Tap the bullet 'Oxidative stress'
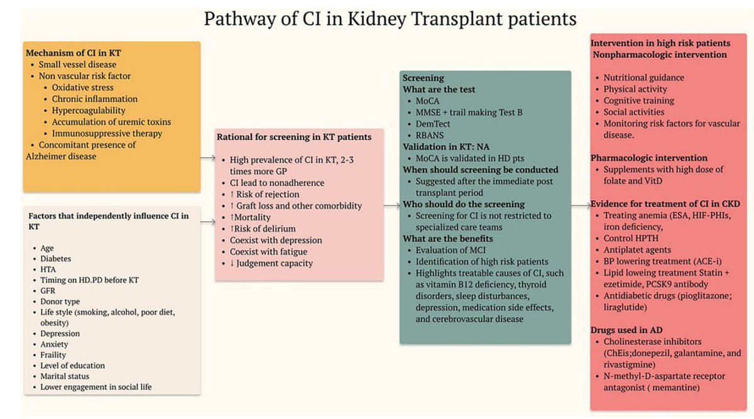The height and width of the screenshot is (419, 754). pos(82,87)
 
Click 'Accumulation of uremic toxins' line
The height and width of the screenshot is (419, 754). pos(111,122)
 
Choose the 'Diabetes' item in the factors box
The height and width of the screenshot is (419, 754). pos(55,258)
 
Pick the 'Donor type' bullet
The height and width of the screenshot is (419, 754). pos(60,301)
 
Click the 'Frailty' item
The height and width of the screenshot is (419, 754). pos(54,354)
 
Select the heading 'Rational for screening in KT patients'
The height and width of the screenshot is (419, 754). pos(294,136)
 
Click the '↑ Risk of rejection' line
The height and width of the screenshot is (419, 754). pos(268,194)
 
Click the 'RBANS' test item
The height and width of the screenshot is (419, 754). pos(430,135)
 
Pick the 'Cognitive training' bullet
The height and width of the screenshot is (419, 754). pos(638,101)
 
